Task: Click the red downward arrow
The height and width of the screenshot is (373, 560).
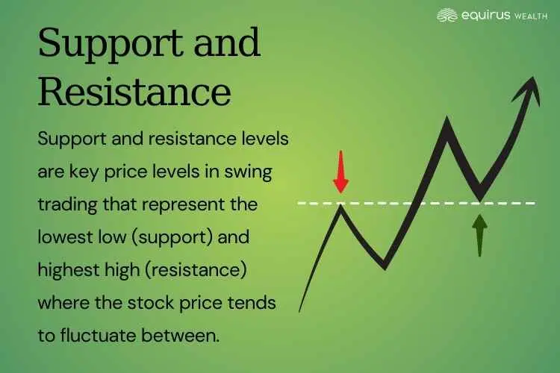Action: (340, 172)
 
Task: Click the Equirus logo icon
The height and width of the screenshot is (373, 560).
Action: (447, 16)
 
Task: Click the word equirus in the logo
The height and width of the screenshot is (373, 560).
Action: (485, 16)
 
